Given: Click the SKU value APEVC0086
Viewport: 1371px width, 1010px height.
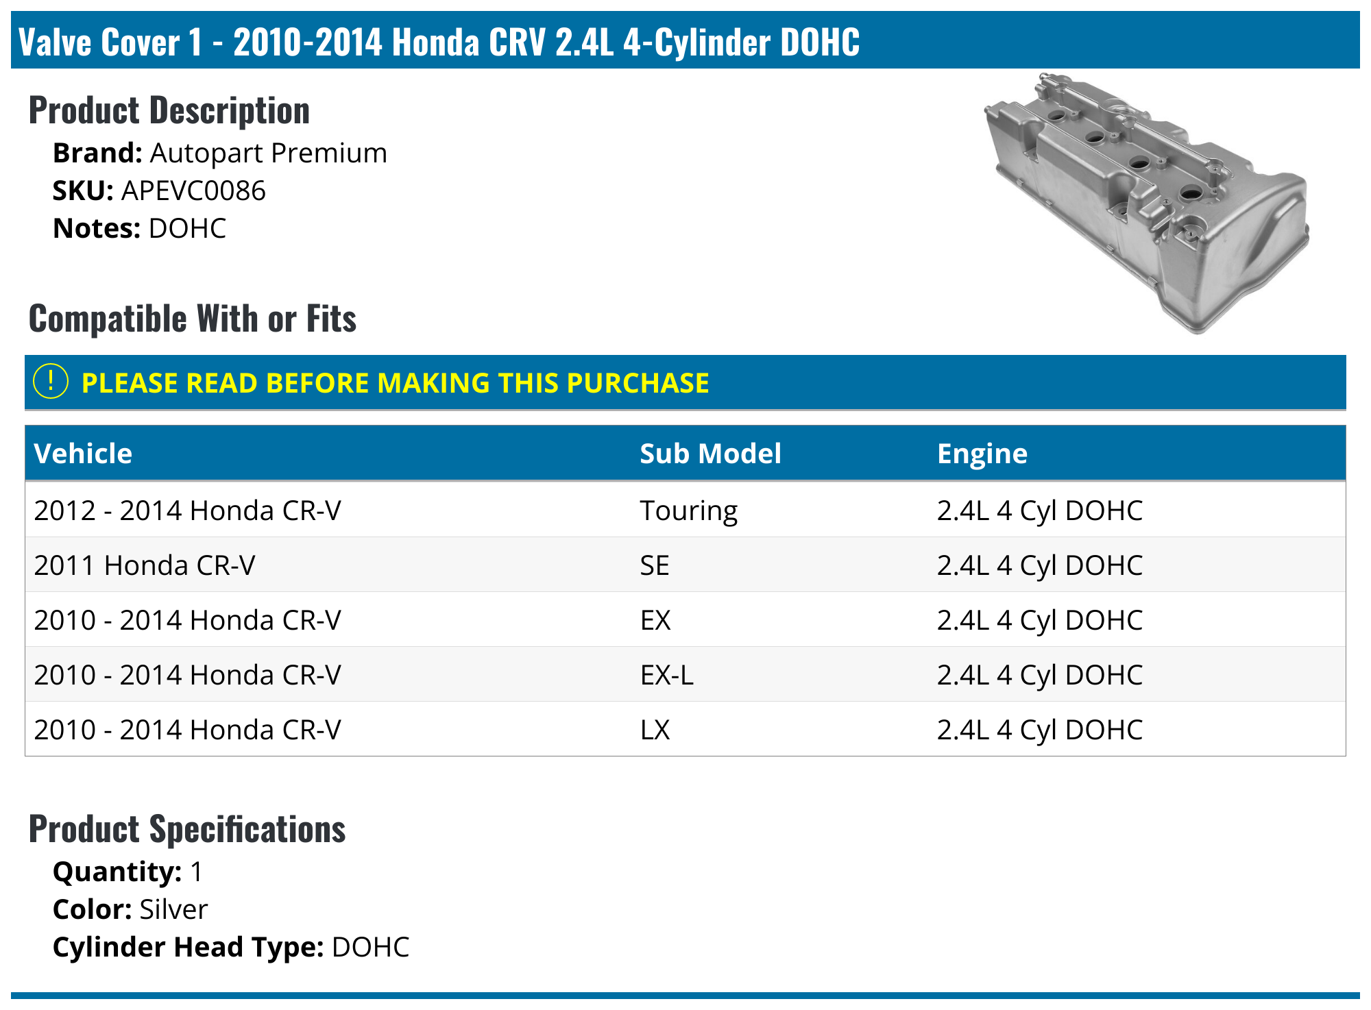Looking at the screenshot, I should coord(193,191).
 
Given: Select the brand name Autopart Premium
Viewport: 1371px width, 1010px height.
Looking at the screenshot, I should coord(268,153).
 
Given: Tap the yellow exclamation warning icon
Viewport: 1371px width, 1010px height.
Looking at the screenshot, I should coord(51,382).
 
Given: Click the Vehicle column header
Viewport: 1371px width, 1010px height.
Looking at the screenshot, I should coord(83,454).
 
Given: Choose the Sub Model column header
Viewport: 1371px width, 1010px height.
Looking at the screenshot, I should coord(710,454).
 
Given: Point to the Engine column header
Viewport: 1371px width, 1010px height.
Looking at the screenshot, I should coord(982,454).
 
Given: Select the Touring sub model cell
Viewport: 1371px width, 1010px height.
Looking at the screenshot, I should coord(688,510).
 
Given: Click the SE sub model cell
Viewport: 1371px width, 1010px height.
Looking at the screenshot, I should coord(655,565).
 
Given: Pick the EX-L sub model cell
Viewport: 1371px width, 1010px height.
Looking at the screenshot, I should coord(666,675).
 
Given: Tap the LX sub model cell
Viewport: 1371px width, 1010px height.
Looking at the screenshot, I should coord(655,730).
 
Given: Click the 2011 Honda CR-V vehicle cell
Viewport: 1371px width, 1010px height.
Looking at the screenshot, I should coord(145,565).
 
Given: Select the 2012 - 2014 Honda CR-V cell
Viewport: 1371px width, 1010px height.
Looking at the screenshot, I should coord(187,510).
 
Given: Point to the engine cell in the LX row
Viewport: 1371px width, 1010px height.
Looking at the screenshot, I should coord(1039,730).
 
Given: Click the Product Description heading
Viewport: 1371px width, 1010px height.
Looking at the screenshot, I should coord(169,110).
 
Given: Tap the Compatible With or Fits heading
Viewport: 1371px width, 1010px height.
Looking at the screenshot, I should coord(193,319).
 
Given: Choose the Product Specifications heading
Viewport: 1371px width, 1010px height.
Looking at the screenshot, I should coord(187,829).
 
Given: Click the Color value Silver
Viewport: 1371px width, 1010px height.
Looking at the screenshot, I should coord(173,909).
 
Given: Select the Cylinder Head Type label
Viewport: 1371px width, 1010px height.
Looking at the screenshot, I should coord(188,947).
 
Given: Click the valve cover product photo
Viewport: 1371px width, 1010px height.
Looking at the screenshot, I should coord(1146,204).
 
